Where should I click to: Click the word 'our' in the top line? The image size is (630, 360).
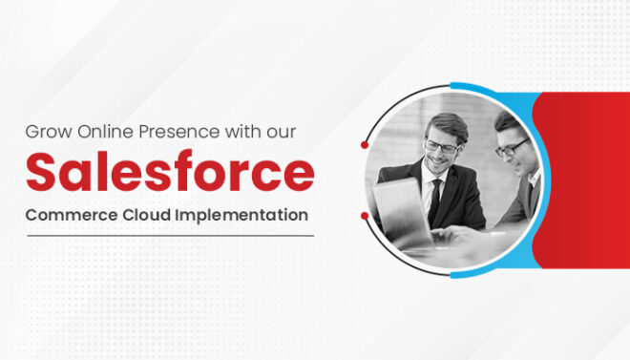pyautogui.click(x=289, y=130)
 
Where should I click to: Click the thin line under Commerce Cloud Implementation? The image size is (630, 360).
pyautogui.click(x=169, y=236)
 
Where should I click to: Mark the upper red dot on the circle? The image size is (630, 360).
pyautogui.click(x=365, y=145)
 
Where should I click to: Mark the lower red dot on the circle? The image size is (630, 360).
pyautogui.click(x=365, y=216)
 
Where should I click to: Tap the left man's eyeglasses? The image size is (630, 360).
pyautogui.click(x=440, y=146)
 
